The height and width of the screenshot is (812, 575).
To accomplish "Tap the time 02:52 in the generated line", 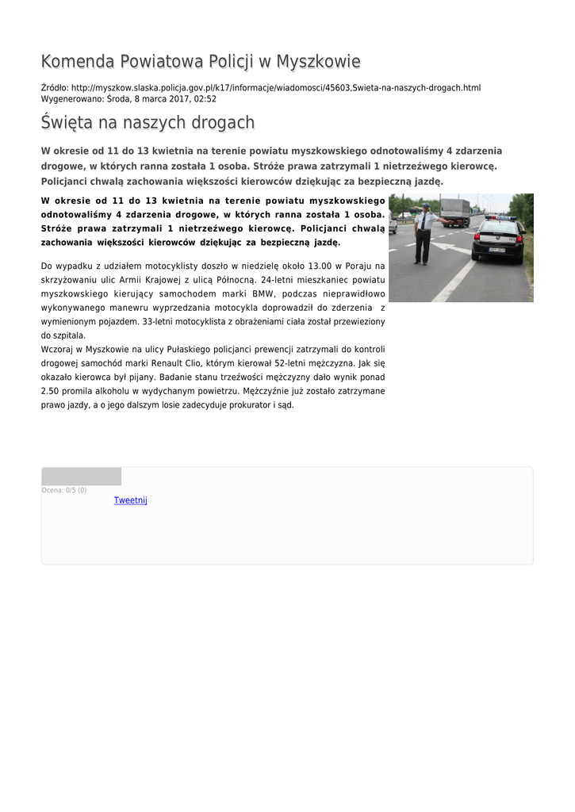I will coord(205,99).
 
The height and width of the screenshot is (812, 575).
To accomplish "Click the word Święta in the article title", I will coord(67,123).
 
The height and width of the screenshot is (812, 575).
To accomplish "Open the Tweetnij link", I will coord(130,500).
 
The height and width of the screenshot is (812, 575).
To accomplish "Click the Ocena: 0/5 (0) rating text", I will coord(63,490).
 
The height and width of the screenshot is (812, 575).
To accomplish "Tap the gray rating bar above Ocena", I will coord(81,476).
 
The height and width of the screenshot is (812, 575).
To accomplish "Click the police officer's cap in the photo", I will coord(425,205).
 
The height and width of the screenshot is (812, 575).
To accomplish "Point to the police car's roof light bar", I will coord(500,217).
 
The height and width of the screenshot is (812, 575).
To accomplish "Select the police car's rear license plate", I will coord(496,250).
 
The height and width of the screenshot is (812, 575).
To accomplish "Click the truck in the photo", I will coord(455,211).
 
